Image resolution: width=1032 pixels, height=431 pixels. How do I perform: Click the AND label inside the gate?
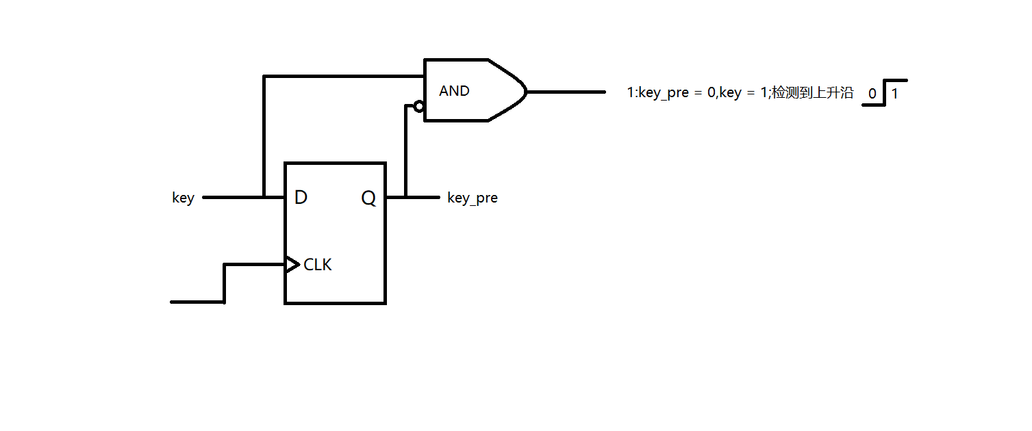(454, 91)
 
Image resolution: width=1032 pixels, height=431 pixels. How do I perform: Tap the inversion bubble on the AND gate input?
(418, 106)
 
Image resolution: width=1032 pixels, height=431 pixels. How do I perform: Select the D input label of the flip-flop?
(301, 198)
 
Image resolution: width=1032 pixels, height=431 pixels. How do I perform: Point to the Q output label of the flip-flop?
(368, 198)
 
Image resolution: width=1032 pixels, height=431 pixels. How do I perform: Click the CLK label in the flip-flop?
(318, 265)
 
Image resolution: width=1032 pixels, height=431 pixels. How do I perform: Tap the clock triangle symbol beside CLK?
(292, 264)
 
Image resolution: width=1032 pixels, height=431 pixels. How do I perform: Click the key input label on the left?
(183, 198)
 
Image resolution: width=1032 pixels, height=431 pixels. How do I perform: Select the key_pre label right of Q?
(472, 198)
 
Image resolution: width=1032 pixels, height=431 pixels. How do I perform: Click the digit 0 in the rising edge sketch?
(872, 94)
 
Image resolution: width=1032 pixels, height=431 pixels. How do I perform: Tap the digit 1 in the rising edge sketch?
(894, 94)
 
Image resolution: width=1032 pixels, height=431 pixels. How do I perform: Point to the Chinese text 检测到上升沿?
(812, 93)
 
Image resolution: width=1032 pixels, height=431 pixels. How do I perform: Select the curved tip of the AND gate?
(523, 91)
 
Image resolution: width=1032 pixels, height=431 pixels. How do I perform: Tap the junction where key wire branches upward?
(264, 197)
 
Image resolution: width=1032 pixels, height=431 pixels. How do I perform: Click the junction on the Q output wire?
(406, 197)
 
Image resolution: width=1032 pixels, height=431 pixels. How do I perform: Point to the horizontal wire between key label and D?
(233, 197)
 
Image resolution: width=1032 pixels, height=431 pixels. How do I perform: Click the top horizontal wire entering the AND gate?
(342, 76)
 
